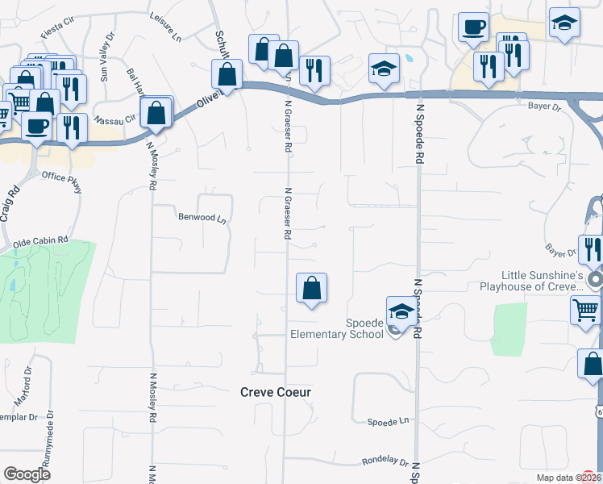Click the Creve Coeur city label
click(276, 392)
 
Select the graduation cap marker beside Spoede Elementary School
click(401, 311)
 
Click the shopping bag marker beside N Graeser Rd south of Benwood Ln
click(311, 288)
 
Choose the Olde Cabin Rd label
click(40, 242)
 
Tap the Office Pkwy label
click(62, 181)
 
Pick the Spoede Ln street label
click(388, 422)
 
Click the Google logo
click(27, 474)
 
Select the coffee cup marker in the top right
click(473, 27)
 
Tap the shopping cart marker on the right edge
click(585, 310)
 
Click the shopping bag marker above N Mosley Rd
click(156, 114)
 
